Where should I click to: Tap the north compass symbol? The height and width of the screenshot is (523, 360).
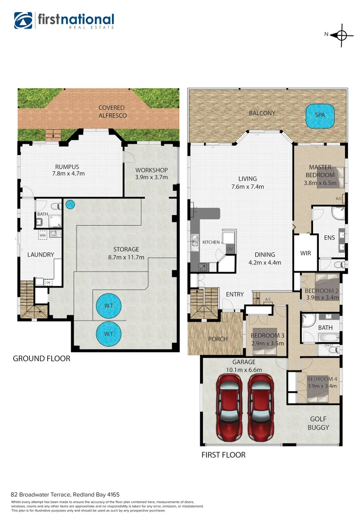[x=341, y=35]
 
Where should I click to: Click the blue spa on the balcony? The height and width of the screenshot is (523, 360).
[x=320, y=116]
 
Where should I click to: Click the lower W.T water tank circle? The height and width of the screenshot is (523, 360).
[x=109, y=334]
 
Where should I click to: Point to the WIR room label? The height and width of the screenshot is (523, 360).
[x=305, y=253]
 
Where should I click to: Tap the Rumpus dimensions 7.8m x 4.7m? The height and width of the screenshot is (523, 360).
[x=68, y=173]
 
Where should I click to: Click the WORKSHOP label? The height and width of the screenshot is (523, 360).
[x=151, y=170]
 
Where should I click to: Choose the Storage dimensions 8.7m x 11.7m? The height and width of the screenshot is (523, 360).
[x=126, y=257]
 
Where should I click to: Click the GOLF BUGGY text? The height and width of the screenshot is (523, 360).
[x=318, y=423]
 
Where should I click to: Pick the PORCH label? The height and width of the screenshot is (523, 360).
[x=218, y=339]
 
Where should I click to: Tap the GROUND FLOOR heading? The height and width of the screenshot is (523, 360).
[x=41, y=359]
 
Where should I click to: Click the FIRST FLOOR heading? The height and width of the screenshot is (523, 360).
[x=223, y=455]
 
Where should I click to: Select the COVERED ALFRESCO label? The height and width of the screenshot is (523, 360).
[x=112, y=111]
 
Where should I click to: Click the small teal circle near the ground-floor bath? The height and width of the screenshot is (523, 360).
[x=71, y=205]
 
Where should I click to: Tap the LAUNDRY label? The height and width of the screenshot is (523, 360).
[x=41, y=255]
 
